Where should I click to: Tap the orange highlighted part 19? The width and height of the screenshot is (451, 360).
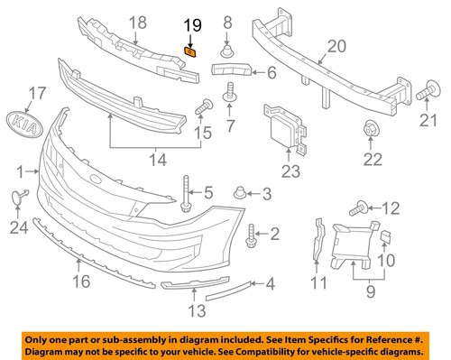190,52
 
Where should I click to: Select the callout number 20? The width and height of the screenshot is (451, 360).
336,45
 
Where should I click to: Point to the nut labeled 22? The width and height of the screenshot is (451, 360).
371,132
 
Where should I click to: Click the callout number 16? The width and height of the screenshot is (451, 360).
80,282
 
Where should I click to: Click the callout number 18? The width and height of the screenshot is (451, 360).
137,22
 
